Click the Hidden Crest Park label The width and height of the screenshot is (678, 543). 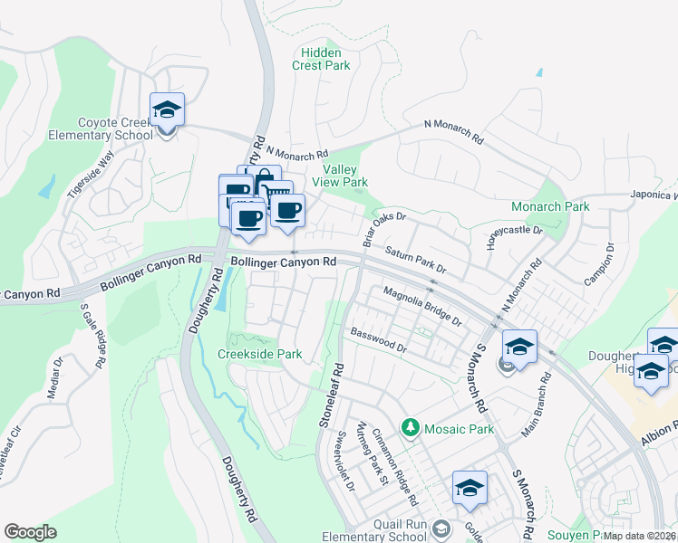(321, 59)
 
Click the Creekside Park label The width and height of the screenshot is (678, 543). (260, 354)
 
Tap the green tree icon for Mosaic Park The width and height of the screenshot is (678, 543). (410, 426)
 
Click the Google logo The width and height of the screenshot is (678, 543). (30, 532)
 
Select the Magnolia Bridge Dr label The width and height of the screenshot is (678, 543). (422, 307)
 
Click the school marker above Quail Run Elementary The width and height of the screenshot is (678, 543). (470, 489)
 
